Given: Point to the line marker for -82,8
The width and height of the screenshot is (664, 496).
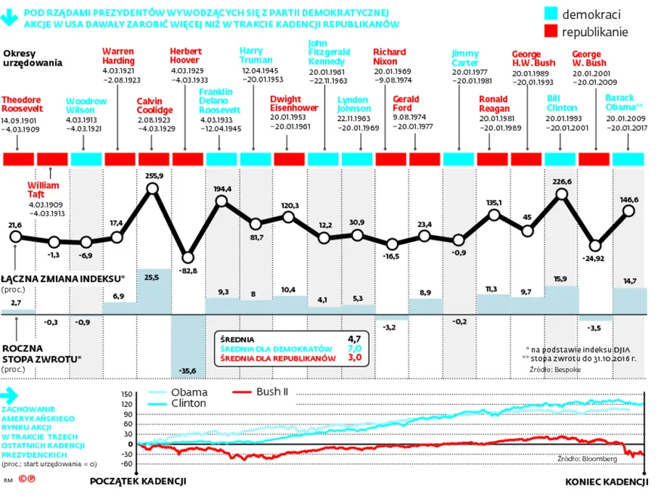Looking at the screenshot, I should [188, 258].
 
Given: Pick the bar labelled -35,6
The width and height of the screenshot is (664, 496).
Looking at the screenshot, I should [188, 344].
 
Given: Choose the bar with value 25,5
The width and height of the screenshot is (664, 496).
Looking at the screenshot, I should [154, 291].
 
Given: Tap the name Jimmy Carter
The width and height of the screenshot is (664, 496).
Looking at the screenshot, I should [464, 59].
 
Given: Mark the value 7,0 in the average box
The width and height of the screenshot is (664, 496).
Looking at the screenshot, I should [354, 348].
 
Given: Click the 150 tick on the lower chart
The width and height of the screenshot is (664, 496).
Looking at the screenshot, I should [126, 395].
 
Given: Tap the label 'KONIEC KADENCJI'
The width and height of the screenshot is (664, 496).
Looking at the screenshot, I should [607, 481].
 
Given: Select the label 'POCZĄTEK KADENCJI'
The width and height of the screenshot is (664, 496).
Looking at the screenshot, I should [138, 481].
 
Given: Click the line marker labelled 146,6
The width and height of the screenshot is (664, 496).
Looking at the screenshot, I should [629, 211].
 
